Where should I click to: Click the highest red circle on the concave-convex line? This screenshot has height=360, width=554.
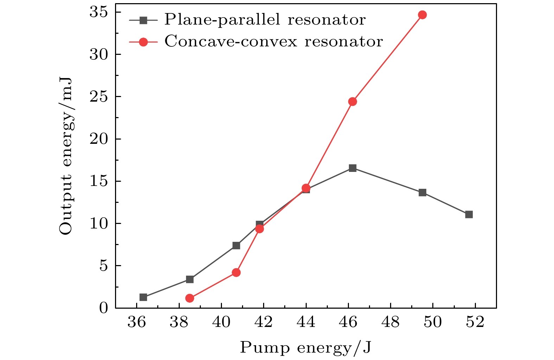pyautogui.click(x=422, y=15)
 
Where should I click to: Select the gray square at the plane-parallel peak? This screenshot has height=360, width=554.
pyautogui.click(x=352, y=168)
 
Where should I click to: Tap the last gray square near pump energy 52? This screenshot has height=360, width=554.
pyautogui.click(x=469, y=214)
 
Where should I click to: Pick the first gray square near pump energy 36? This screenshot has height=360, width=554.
pyautogui.click(x=143, y=297)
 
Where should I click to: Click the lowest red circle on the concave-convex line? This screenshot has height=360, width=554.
pyautogui.click(x=190, y=298)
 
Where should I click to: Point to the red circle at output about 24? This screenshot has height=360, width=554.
pyautogui.click(x=352, y=102)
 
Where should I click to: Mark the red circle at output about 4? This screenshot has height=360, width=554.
pyautogui.click(x=236, y=272)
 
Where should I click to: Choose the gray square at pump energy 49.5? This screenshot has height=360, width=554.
pyautogui.click(x=422, y=193)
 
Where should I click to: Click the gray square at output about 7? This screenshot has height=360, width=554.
pyautogui.click(x=236, y=245)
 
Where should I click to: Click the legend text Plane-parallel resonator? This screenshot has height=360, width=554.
pyautogui.click(x=265, y=20)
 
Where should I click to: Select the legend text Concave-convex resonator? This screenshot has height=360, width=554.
pyautogui.click(x=273, y=42)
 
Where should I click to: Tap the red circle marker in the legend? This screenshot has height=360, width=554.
pyautogui.click(x=143, y=42)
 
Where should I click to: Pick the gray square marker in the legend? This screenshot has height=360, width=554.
pyautogui.click(x=143, y=20)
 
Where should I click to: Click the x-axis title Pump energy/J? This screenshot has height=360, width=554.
pyautogui.click(x=305, y=348)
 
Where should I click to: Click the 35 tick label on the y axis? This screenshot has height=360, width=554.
pyautogui.click(x=98, y=12)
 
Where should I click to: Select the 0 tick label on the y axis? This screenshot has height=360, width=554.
pyautogui.click(x=103, y=308)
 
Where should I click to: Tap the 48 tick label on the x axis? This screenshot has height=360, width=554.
pyautogui.click(x=390, y=322)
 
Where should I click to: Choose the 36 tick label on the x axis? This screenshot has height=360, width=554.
pyautogui.click(x=136, y=322)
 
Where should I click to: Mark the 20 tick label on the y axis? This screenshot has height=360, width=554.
pyautogui.click(x=98, y=139)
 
